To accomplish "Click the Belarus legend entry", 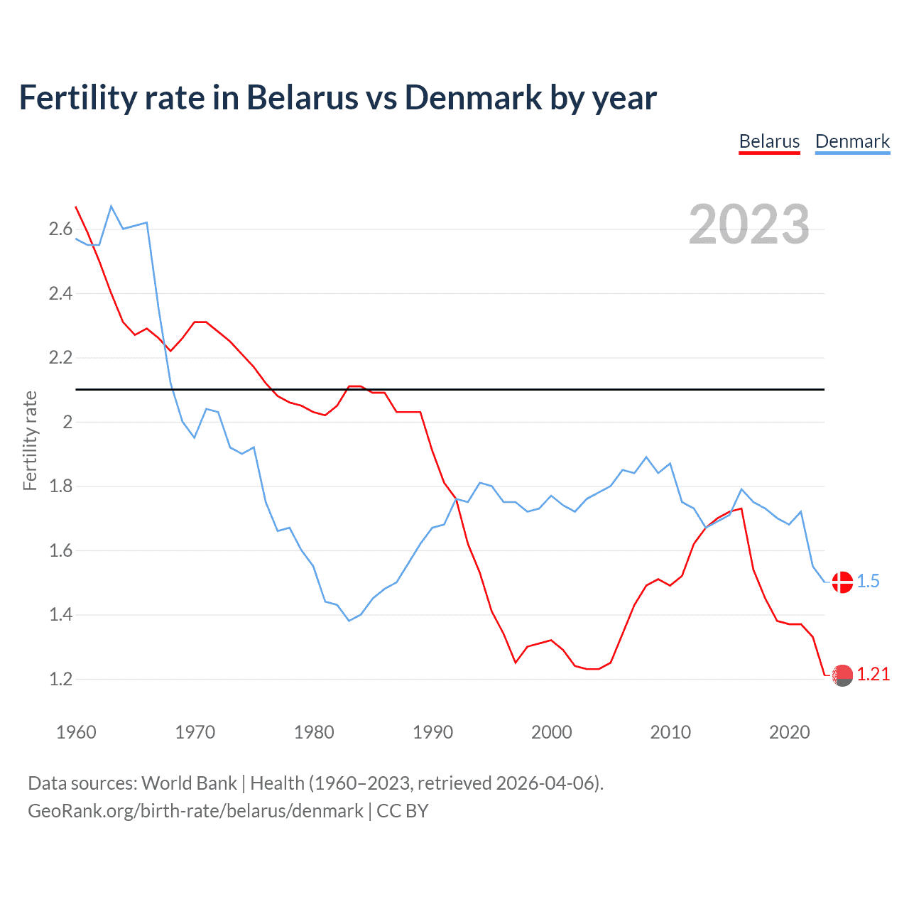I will tap(769, 141).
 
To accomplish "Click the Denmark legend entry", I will tap(852, 141).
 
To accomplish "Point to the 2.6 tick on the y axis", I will tap(60, 229).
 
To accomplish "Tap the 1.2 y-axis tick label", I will tap(60, 679).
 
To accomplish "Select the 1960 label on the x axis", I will tap(76, 732).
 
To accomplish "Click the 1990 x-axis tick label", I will tap(432, 732).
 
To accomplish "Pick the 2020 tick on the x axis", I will tap(789, 732).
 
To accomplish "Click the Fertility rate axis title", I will tap(30, 440).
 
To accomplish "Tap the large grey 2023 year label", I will tap(749, 224).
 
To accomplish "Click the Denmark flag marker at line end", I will tap(842, 582).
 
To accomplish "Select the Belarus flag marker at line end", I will tap(842, 675).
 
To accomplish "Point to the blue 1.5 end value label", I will tap(868, 581).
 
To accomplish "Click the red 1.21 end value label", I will tap(873, 675).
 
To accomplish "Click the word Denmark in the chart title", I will tap(473, 97).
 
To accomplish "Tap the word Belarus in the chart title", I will tap(303, 97).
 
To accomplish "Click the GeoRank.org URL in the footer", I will tap(195, 811).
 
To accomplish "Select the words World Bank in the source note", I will tap(189, 783).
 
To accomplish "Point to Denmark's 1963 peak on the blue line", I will tap(111, 206).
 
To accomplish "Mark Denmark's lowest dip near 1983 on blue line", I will tap(349, 621).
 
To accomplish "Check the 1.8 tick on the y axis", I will tap(60, 486).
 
